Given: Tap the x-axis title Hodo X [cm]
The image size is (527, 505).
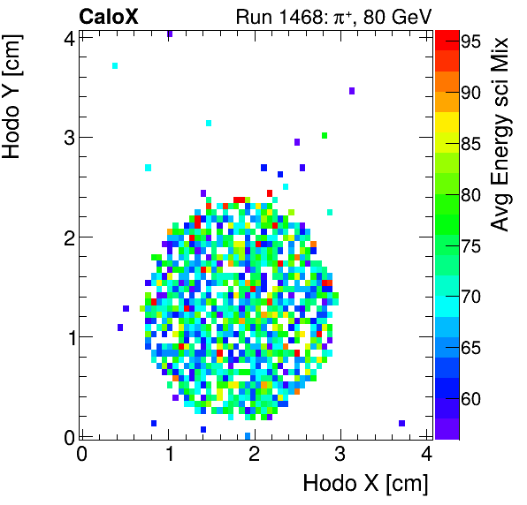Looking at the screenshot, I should [365, 483].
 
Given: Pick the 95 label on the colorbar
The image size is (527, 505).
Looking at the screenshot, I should [470, 41].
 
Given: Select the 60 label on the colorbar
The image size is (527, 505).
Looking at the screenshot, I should [470, 400].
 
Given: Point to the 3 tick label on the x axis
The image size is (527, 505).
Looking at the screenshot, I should [341, 455].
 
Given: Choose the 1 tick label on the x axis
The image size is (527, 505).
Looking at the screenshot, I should [168, 455].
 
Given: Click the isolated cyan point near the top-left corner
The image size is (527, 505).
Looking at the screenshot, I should [115, 66].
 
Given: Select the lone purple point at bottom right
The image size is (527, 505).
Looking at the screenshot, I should [401, 423].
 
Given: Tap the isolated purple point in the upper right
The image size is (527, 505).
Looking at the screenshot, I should [352, 91].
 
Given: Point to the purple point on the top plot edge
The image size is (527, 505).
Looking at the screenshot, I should [169, 34].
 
